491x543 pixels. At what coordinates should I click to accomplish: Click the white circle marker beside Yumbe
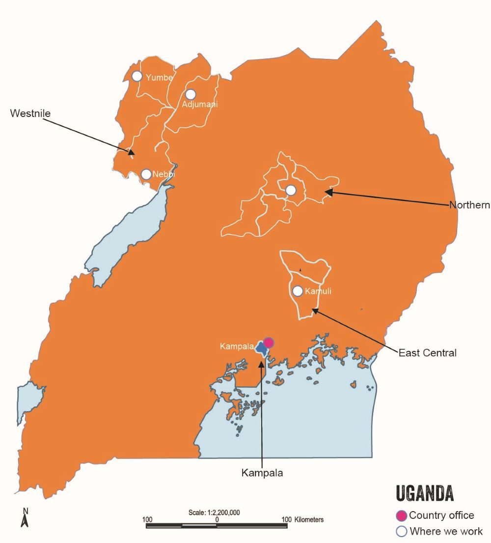[x=137, y=76]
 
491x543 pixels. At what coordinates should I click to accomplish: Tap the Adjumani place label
[x=199, y=104]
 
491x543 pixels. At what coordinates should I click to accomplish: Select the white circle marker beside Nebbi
[x=146, y=174]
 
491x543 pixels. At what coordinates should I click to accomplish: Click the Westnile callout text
[x=30, y=114]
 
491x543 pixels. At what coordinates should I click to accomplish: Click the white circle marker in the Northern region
[x=291, y=190]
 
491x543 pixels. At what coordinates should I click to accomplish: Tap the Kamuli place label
[x=318, y=291]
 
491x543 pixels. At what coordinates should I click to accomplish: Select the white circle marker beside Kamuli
[x=298, y=291]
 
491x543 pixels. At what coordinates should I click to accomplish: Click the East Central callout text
[x=427, y=353]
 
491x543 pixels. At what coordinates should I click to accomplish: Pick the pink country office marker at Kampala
[x=269, y=343]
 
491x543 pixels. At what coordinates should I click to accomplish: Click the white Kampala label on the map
[x=236, y=346]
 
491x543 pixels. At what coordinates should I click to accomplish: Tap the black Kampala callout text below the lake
[x=262, y=473]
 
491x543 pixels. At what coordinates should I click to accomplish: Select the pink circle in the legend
[x=402, y=515]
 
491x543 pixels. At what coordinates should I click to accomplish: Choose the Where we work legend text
[x=446, y=531]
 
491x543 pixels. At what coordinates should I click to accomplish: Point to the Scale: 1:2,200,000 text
[x=214, y=512]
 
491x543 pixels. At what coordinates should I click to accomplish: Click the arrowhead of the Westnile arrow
[x=131, y=153]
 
